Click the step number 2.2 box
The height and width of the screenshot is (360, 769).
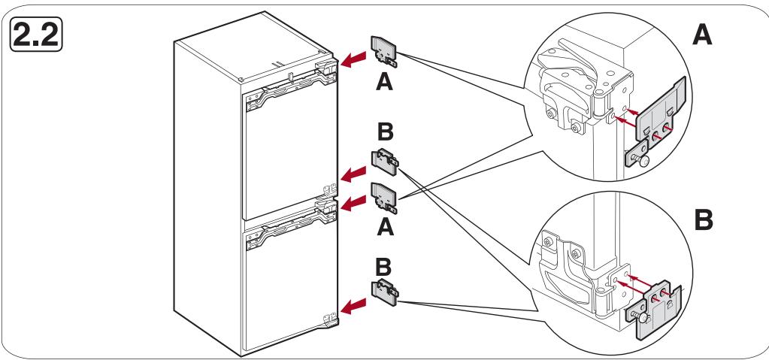click(36, 34)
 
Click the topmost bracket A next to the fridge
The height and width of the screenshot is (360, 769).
click(385, 52)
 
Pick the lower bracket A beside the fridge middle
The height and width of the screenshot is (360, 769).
click(385, 197)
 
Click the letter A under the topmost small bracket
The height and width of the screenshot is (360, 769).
click(385, 82)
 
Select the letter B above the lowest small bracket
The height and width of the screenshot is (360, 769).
click(383, 267)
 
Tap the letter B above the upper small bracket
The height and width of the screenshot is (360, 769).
click(385, 132)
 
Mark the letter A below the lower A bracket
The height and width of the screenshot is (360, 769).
click(385, 227)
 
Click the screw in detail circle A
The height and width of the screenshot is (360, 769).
click(640, 159)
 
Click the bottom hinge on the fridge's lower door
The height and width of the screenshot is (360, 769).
click(331, 319)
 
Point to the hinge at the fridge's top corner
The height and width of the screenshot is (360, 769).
click(327, 67)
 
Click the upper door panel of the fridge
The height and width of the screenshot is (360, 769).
click(290, 152)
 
